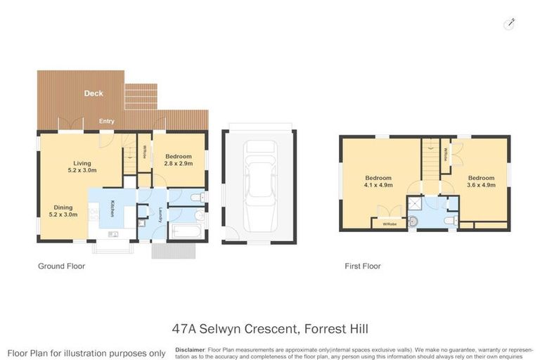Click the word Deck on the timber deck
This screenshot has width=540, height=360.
pyautogui.click(x=94, y=93)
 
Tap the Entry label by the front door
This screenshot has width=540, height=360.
pyautogui.click(x=107, y=122)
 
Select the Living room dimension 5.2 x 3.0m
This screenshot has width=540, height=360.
pyautogui.click(x=82, y=170)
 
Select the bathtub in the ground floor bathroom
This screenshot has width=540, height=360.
pyautogui.click(x=186, y=230)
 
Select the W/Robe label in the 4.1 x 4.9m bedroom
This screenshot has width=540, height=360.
pyautogui.click(x=389, y=224)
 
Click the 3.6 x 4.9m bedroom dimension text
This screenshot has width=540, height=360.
pyautogui.click(x=482, y=186)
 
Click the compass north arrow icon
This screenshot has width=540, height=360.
pyautogui.click(x=510, y=24)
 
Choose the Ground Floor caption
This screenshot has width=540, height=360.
pyautogui.click(x=61, y=266)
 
